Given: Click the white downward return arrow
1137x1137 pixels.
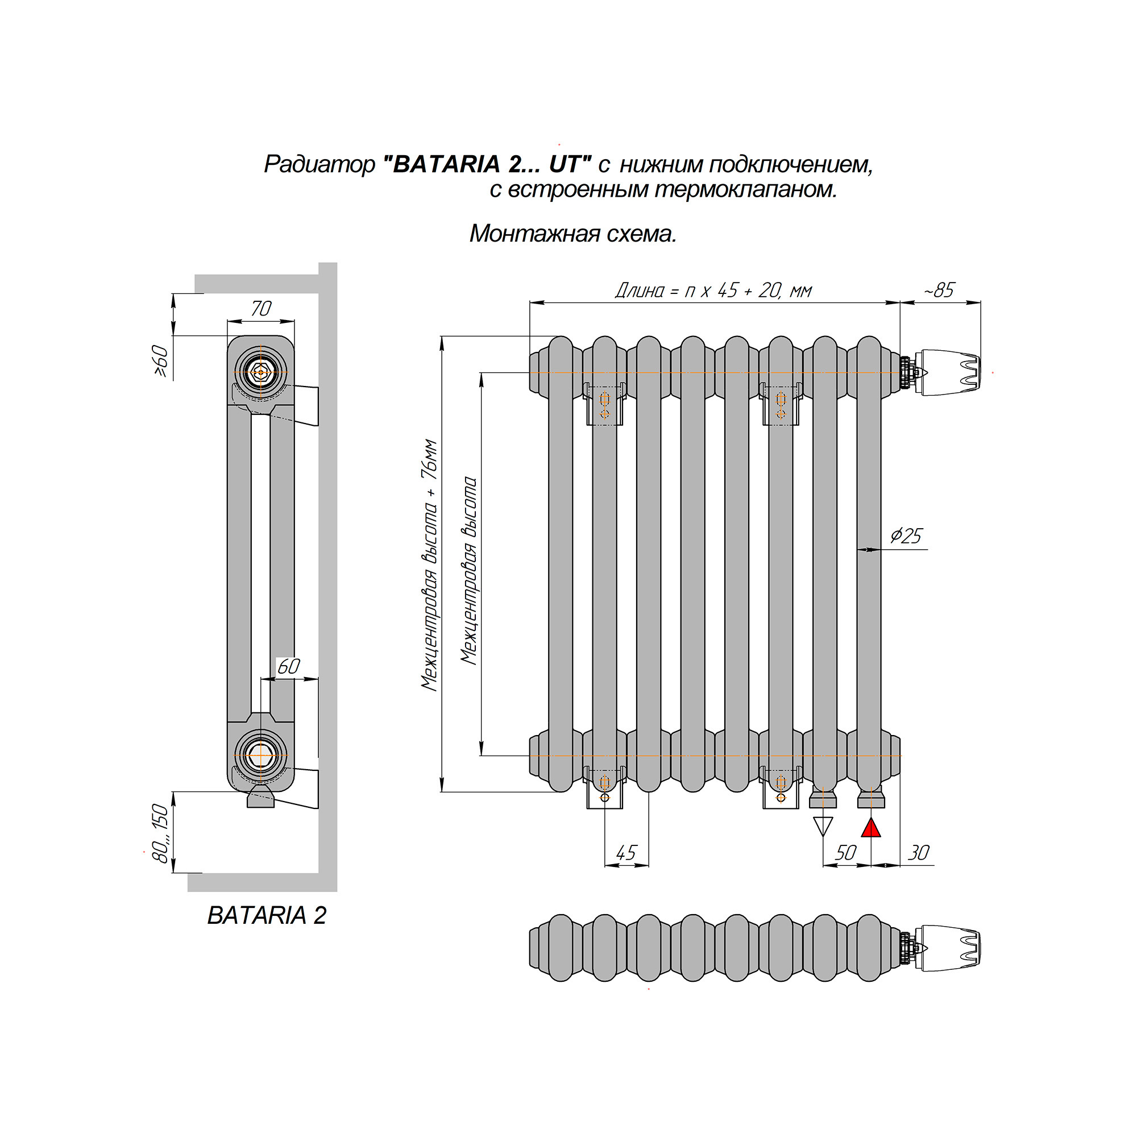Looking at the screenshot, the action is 823,827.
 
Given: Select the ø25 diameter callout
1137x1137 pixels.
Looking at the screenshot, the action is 906,536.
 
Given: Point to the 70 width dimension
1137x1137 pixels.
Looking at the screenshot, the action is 261,308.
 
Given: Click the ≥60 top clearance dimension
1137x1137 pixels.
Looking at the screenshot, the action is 161,361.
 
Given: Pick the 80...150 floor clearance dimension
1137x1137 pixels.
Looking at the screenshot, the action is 160,833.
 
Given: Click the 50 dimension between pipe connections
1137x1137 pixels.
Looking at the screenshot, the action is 846,853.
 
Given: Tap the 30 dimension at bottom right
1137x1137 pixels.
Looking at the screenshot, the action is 919,853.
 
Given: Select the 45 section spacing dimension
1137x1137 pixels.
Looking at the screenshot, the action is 626,853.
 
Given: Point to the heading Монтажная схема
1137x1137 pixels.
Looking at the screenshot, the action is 573,234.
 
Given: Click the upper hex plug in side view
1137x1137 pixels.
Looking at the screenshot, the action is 261,372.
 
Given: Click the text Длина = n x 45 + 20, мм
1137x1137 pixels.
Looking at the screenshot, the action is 714,290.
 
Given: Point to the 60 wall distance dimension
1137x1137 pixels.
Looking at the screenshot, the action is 288,666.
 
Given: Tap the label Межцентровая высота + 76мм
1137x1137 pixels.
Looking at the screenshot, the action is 430,565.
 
